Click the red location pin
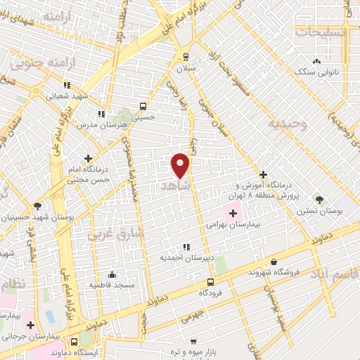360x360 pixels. (x=181, y=165)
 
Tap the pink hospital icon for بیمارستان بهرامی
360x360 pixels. (x=233, y=213)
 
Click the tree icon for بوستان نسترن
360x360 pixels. (x=320, y=199)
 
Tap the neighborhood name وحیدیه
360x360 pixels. (x=287, y=124)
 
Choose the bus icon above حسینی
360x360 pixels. (x=143, y=107)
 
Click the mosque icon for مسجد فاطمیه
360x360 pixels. (x=112, y=274)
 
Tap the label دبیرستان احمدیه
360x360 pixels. (x=186, y=258)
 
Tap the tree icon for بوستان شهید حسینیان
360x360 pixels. (x=37, y=206)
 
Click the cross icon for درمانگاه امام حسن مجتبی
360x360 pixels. (x=88, y=159)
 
